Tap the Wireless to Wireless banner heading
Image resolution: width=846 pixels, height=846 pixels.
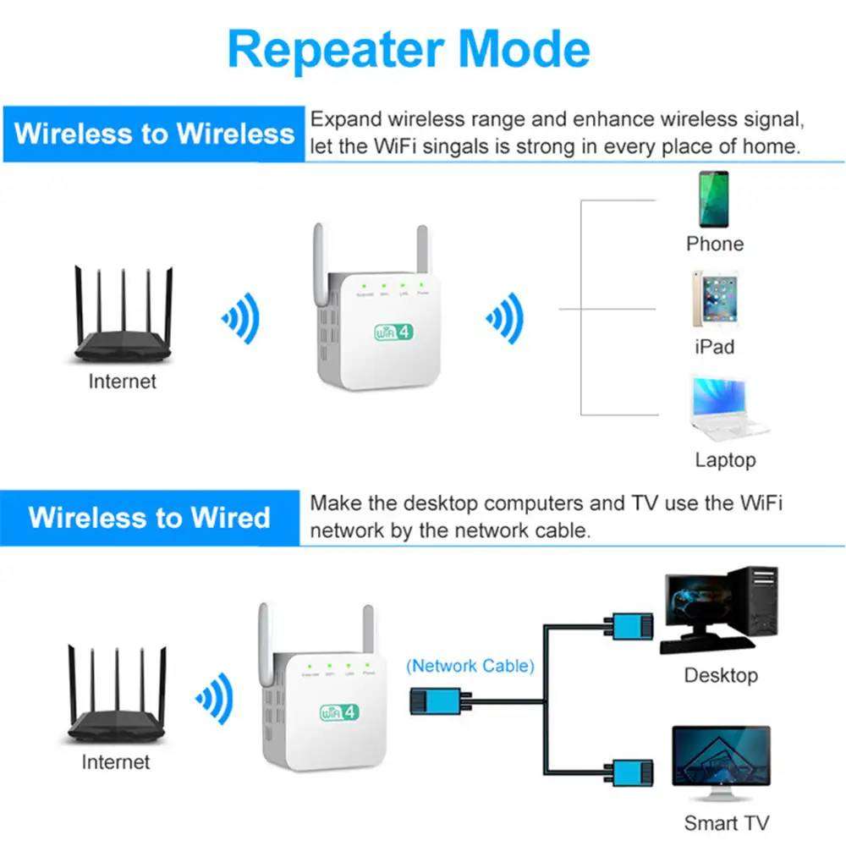[x=154, y=133]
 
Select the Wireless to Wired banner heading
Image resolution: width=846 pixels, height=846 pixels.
[x=149, y=517]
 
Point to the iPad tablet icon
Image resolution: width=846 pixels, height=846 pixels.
[x=713, y=299]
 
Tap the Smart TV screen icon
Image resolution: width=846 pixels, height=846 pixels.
[x=721, y=766]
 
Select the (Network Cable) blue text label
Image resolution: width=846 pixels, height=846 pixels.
[x=470, y=666]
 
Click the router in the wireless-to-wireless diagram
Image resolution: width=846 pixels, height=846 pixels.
[x=124, y=317]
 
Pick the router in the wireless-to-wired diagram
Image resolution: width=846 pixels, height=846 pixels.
[x=117, y=695]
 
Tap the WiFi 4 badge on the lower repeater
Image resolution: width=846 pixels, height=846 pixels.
[x=339, y=711]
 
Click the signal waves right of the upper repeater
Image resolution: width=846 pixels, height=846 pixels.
[x=505, y=318]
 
